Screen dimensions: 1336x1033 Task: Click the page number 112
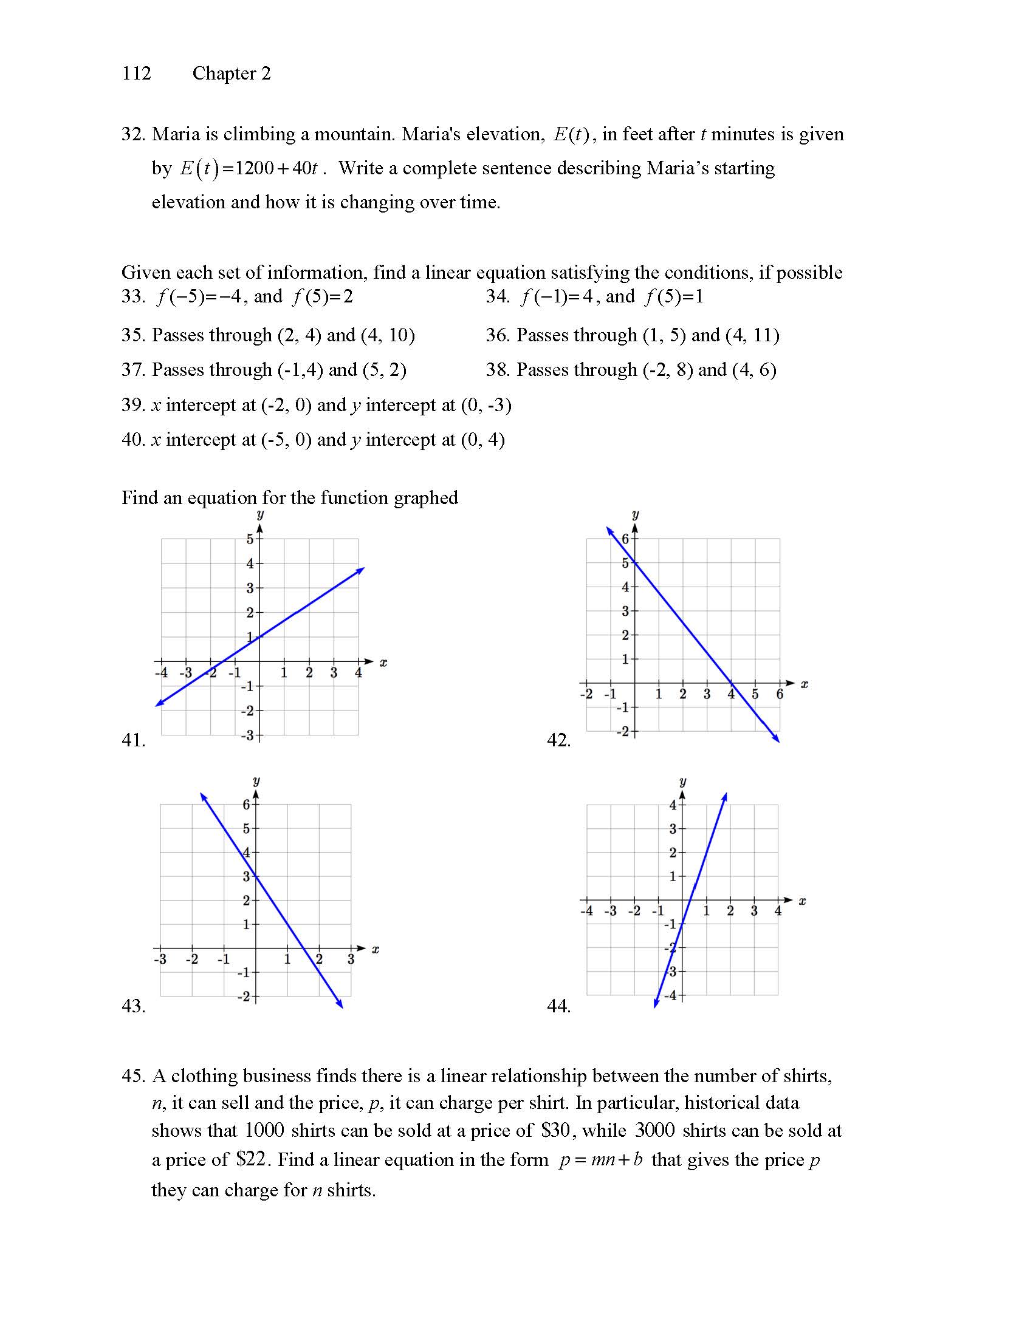(136, 73)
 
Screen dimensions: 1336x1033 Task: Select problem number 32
(132, 134)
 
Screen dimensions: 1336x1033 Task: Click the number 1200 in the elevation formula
(254, 168)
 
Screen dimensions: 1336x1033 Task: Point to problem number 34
(497, 297)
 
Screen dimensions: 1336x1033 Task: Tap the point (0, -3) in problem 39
(486, 405)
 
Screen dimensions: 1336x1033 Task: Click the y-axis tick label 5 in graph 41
(250, 539)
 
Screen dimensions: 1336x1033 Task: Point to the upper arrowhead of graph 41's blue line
(362, 569)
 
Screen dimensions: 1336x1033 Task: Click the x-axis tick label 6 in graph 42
(780, 694)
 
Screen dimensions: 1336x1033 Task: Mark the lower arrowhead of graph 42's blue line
(777, 740)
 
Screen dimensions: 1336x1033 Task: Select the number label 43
(134, 1006)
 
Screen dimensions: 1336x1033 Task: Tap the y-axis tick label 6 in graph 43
(246, 805)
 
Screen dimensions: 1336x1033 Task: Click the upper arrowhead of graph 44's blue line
(725, 796)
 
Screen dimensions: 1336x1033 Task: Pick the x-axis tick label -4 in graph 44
(586, 912)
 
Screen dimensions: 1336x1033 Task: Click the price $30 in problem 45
(555, 1131)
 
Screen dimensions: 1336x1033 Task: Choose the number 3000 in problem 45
(654, 1131)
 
